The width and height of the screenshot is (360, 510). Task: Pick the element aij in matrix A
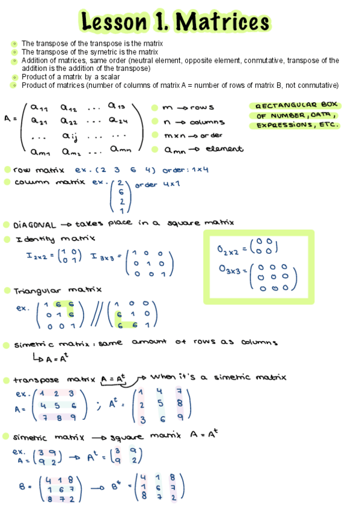point(72,136)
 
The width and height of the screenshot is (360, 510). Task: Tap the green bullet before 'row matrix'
point(7,170)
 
